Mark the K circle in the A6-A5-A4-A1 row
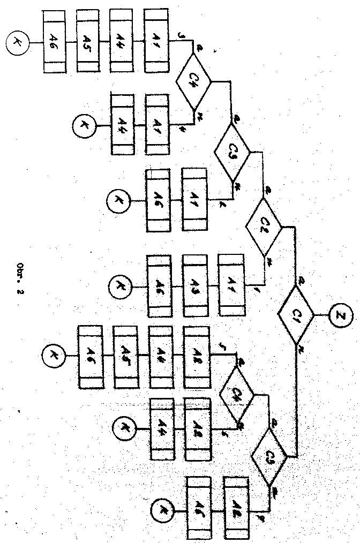(x=18, y=41)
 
